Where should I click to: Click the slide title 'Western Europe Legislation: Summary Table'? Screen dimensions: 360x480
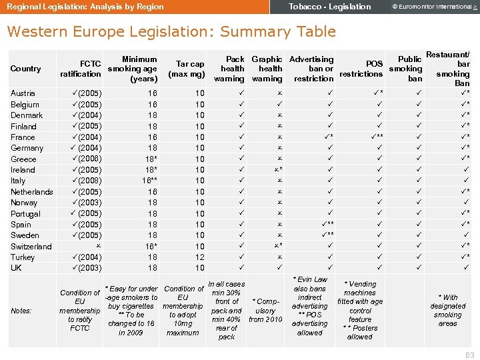pos(171,31)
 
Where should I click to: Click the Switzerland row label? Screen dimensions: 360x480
pos(31,247)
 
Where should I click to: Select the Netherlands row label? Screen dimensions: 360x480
pos(32,192)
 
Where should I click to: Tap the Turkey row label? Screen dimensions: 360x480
pos(23,257)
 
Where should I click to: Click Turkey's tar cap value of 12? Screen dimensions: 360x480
pos(199,257)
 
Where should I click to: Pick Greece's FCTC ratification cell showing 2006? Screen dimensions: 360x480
pos(85,159)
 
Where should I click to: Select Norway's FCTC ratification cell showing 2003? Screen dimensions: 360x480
pos(85,203)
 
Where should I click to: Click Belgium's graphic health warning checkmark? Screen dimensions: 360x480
pos(280,105)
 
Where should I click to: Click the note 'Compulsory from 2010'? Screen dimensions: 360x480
pos(266,311)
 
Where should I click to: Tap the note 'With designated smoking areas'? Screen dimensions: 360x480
pos(447,311)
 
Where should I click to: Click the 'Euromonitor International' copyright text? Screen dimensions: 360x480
pos(433,7)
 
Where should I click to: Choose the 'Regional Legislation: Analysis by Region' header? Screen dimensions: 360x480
pos(85,7)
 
